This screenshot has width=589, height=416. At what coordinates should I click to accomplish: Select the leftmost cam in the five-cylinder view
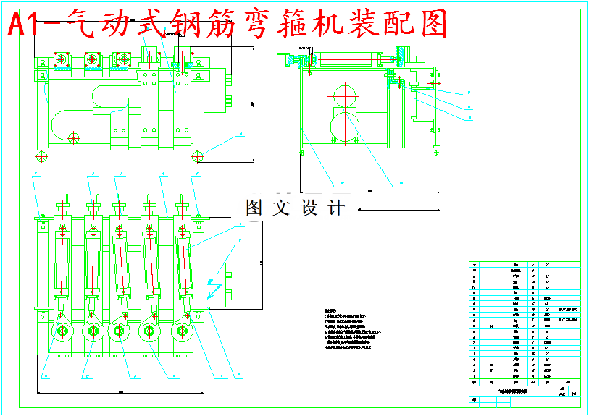(x=62, y=331)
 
